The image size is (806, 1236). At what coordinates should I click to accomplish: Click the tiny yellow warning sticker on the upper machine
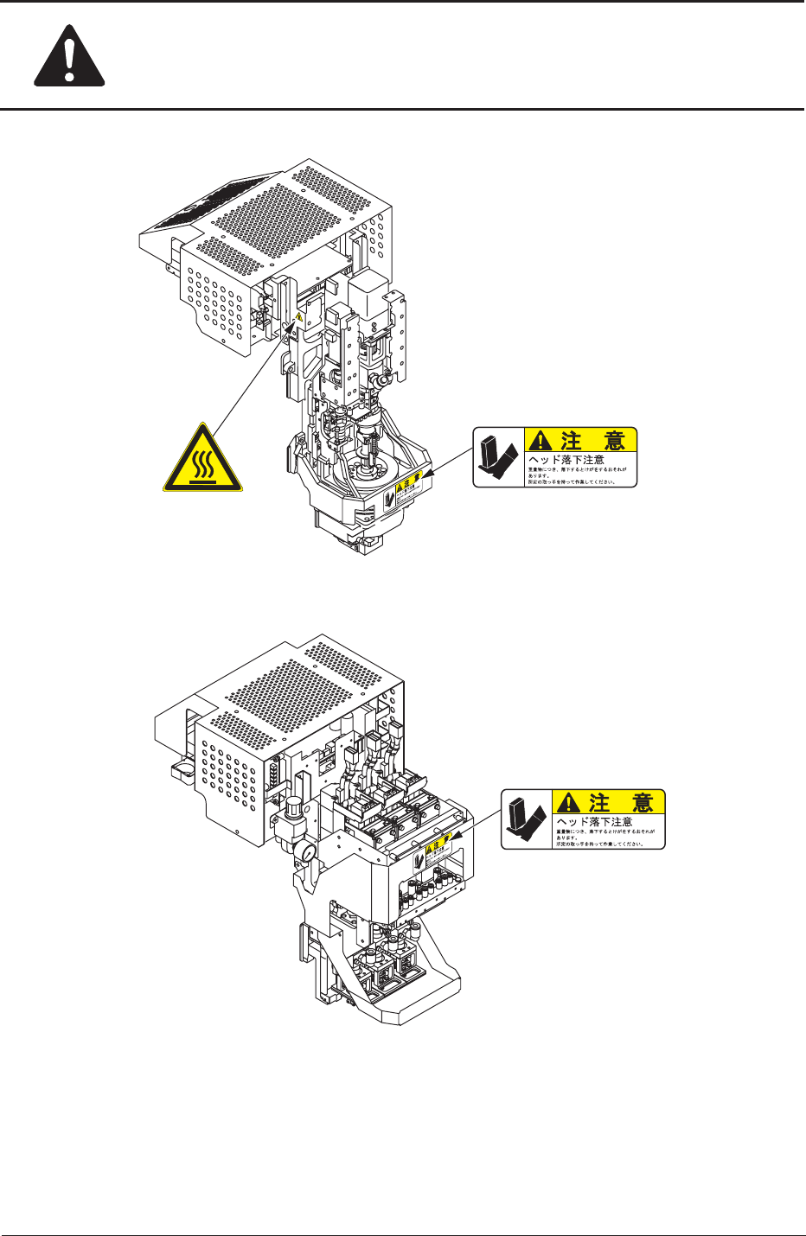tap(299, 318)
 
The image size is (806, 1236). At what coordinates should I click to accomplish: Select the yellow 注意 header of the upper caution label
tap(580, 441)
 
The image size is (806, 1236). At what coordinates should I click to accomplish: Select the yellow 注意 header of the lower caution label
tap(609, 802)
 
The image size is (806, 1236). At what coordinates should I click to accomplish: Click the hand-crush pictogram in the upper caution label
tap(498, 457)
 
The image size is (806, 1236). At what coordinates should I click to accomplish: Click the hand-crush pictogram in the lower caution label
tap(527, 819)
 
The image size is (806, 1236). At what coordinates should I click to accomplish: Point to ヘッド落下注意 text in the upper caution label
tap(566, 460)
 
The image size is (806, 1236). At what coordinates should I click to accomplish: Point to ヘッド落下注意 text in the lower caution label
tap(594, 821)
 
